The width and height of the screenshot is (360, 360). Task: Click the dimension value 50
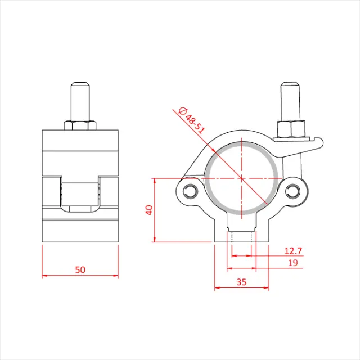pos(80,269)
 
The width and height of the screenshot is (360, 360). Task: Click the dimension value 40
pos(148,210)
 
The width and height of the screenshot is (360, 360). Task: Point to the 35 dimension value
pos(242,282)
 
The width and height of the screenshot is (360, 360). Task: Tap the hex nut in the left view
pos(80,124)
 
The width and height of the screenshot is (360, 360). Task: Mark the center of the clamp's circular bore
pos(241,177)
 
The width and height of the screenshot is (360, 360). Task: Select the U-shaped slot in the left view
pos(80,194)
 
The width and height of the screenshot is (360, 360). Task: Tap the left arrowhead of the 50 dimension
pos(44,276)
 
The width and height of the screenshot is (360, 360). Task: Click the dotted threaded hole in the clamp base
pos(241,236)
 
